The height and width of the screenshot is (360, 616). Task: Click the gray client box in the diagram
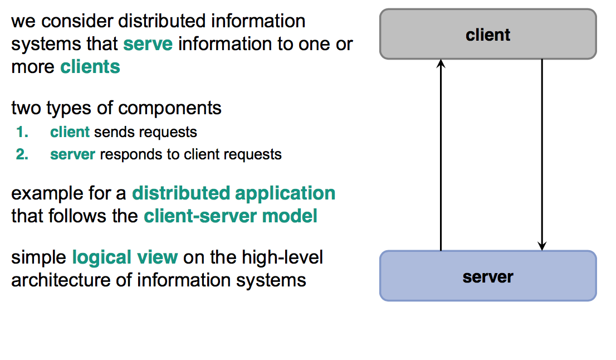pyautogui.click(x=488, y=34)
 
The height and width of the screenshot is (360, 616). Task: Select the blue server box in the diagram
pyautogui.click(x=488, y=276)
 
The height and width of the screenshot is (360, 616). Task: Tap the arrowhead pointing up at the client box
pyautogui.click(x=441, y=64)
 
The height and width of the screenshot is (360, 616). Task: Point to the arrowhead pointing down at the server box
pyautogui.click(x=542, y=245)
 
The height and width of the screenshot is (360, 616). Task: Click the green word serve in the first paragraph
pyautogui.click(x=148, y=43)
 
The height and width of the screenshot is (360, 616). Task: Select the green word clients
pyautogui.click(x=90, y=67)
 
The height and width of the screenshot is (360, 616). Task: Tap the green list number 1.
pyautogui.click(x=22, y=132)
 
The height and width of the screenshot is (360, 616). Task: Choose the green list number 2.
pyautogui.click(x=22, y=154)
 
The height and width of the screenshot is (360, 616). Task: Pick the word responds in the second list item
pyautogui.click(x=124, y=154)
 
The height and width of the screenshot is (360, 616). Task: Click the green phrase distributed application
pyautogui.click(x=233, y=193)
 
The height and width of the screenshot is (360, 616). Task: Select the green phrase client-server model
pyautogui.click(x=231, y=216)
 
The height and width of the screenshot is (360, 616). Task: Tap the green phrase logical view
pyautogui.click(x=125, y=257)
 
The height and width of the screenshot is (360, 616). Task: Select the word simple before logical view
pyautogui.click(x=39, y=257)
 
